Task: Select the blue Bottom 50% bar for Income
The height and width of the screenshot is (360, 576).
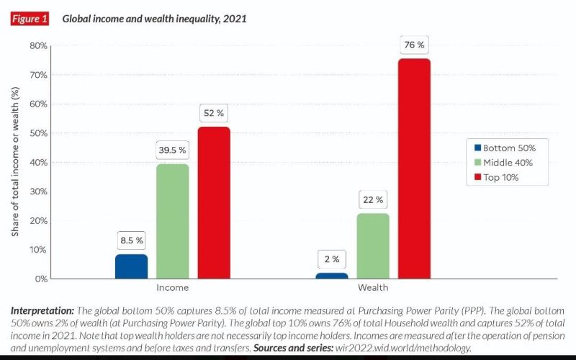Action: click(x=131, y=266)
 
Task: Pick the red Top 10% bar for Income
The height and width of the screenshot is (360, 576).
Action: click(x=214, y=202)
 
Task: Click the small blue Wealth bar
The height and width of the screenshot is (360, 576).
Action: click(x=331, y=276)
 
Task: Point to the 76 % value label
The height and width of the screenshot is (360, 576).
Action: click(x=414, y=45)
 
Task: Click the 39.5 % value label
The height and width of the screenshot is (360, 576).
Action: click(x=173, y=150)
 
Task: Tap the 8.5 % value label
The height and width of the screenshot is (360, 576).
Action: click(x=131, y=240)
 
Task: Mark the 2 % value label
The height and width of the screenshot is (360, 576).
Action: click(x=331, y=259)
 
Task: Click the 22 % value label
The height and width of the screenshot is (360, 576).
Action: click(x=373, y=199)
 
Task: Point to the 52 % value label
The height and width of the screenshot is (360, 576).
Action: click(x=214, y=114)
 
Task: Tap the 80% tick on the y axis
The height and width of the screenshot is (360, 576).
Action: click(x=38, y=45)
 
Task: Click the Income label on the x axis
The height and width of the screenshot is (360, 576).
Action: click(x=173, y=287)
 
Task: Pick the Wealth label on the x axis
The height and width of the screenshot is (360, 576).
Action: click(x=373, y=287)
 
